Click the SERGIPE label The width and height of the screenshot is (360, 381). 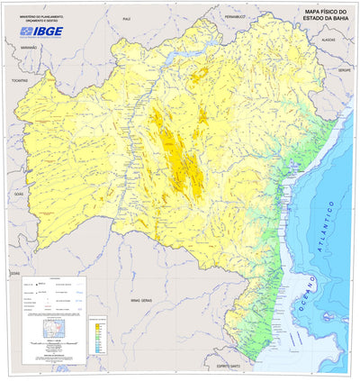pos(345,68)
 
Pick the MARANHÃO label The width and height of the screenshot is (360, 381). pos(27,46)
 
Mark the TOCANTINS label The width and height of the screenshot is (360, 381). pos(19,79)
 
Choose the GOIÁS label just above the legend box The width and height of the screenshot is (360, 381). pos(13,271)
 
